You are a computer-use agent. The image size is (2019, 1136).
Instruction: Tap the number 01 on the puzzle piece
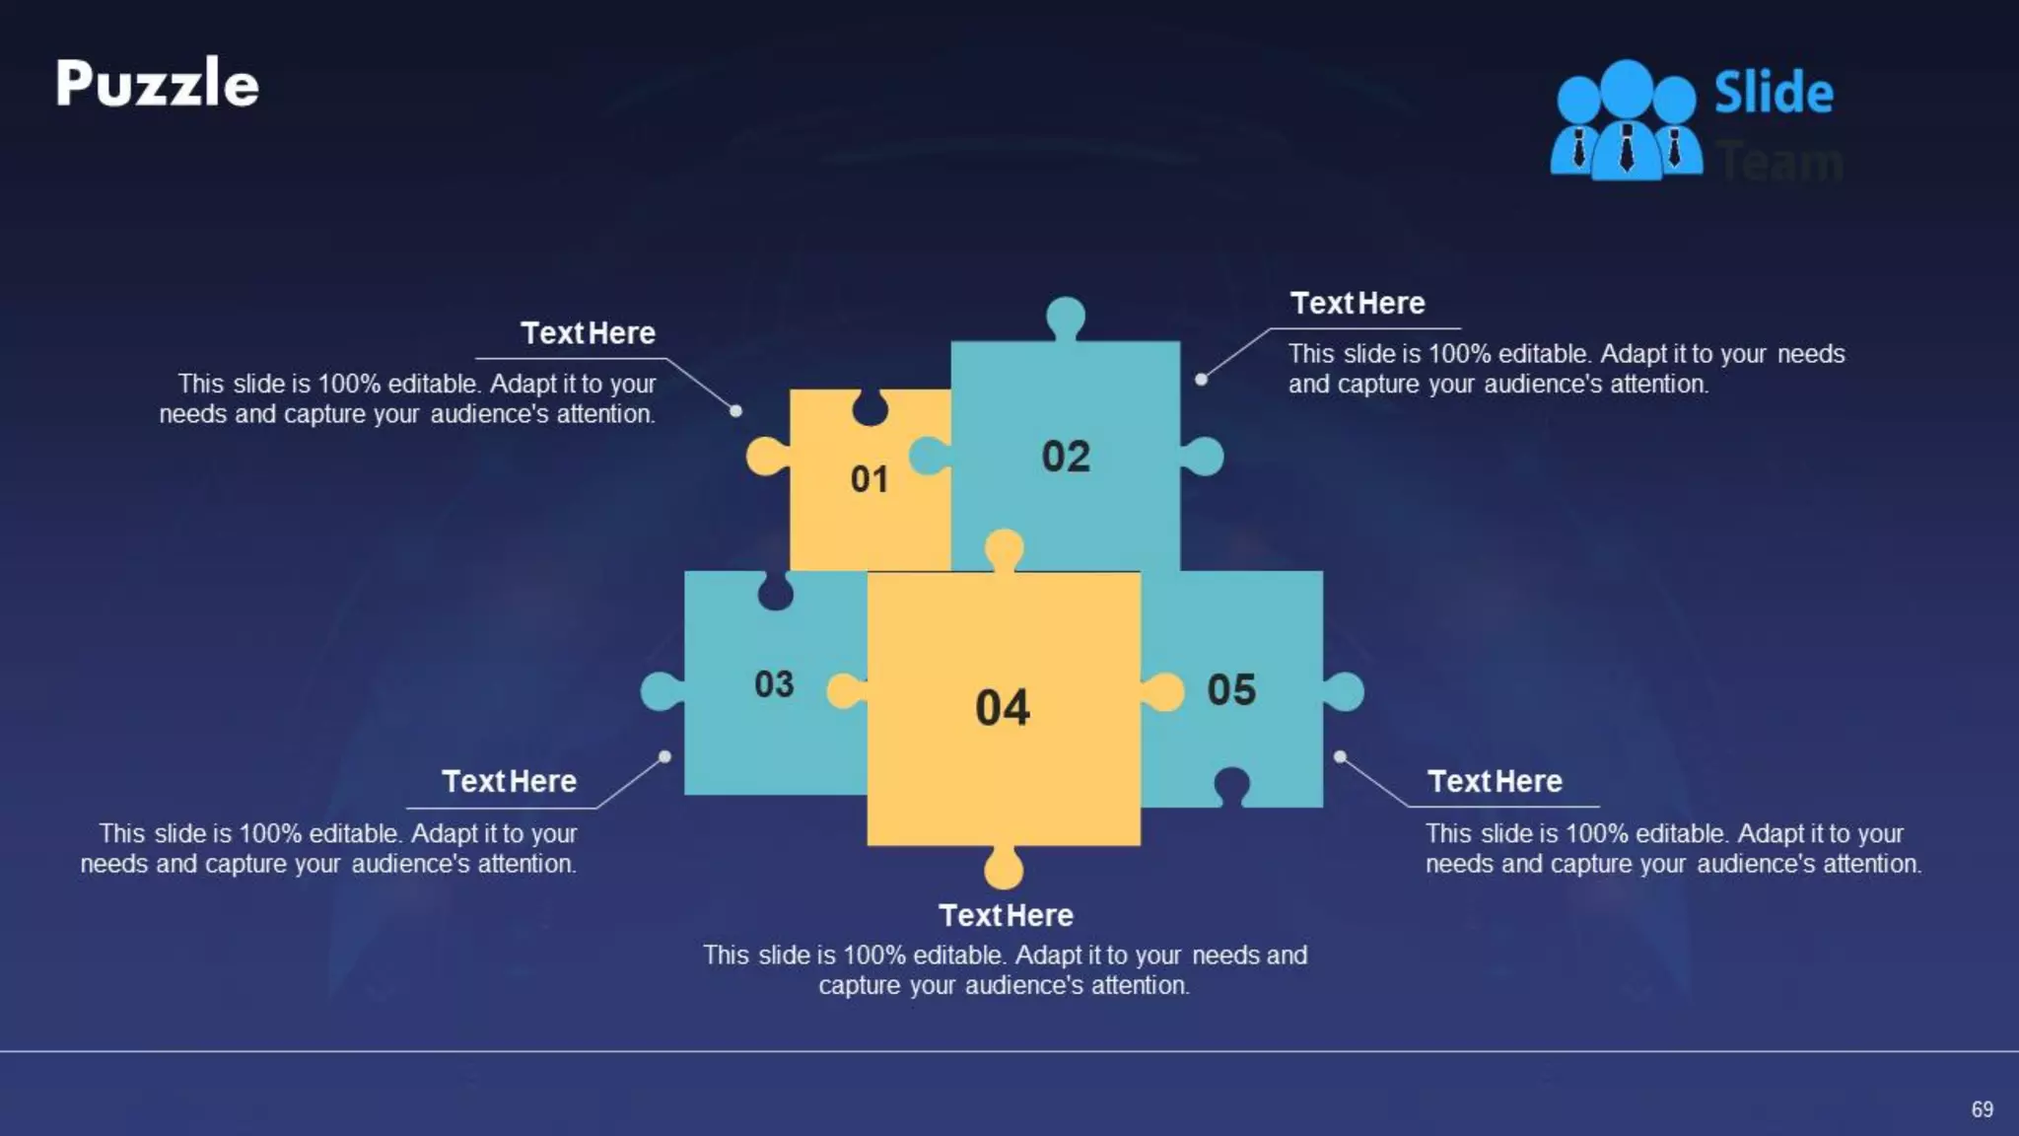point(870,479)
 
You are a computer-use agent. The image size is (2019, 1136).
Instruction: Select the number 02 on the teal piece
point(1066,457)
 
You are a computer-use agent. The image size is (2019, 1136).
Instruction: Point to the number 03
point(774,684)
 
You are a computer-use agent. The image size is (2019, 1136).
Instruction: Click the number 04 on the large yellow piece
point(1003,708)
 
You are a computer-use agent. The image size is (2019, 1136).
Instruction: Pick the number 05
point(1231,690)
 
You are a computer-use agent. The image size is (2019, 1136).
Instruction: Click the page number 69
point(1982,1109)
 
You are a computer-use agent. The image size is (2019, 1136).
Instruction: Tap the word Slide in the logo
point(1773,93)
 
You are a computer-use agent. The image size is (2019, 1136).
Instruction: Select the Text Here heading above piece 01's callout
point(588,333)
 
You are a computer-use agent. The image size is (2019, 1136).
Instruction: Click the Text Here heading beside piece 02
point(1358,303)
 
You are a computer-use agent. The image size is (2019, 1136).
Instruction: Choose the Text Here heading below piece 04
point(1006,915)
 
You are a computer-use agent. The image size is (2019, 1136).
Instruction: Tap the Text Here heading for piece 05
point(1495,781)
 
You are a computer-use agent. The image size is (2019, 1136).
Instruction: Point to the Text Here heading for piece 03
point(509,781)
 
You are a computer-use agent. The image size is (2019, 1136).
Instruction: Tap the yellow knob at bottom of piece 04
point(1004,868)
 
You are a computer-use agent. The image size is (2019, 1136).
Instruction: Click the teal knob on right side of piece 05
point(1344,692)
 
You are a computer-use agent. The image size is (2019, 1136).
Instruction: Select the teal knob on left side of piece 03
point(661,691)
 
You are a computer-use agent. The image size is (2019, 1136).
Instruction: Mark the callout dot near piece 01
point(735,410)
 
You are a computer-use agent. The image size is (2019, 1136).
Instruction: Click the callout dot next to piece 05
point(1340,757)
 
